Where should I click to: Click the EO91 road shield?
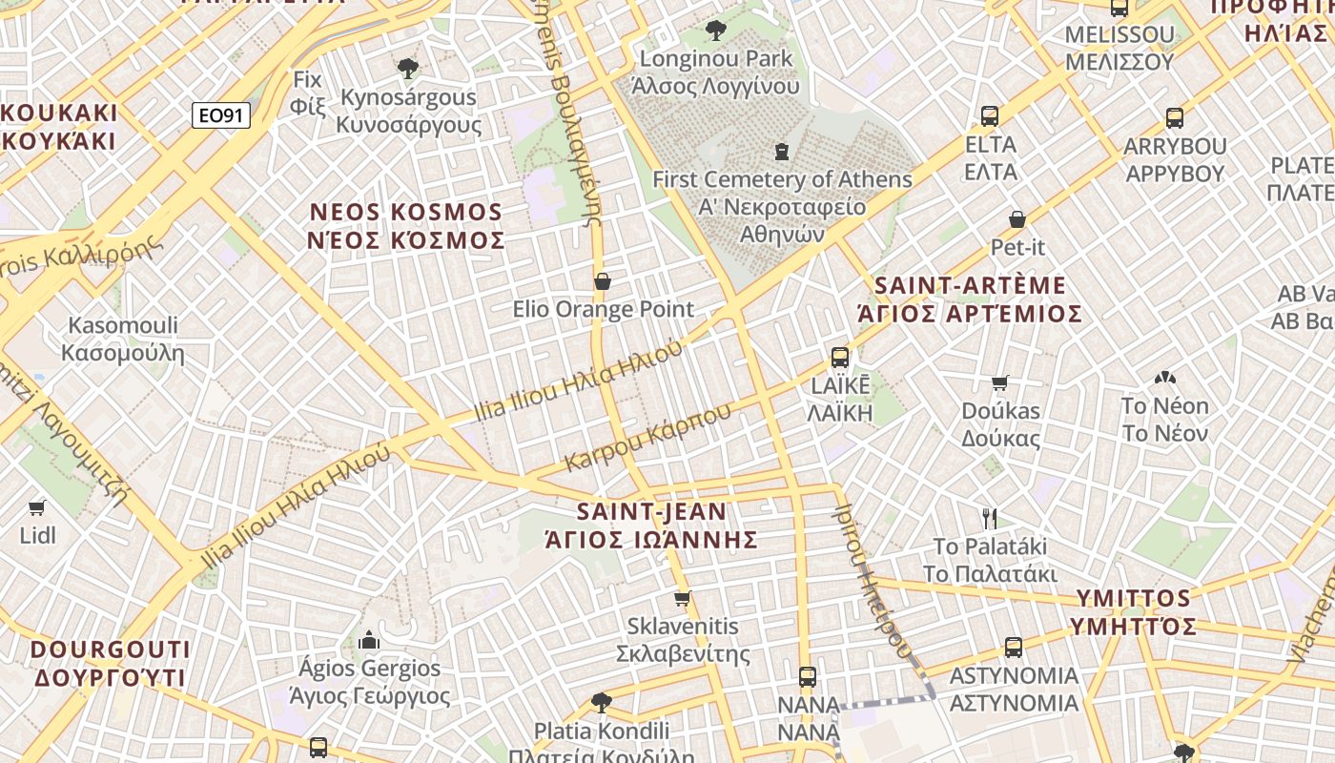(x=220, y=116)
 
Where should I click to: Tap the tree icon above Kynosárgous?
(x=408, y=68)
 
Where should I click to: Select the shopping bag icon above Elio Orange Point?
(x=603, y=281)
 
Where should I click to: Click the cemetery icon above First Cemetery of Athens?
(x=782, y=152)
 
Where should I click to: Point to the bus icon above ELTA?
(x=990, y=117)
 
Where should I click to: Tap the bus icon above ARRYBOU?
(x=1174, y=119)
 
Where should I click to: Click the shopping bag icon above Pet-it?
(x=1017, y=220)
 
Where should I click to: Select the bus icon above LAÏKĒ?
(x=839, y=358)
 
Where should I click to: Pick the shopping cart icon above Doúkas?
(x=999, y=383)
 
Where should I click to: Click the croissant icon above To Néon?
(x=1164, y=379)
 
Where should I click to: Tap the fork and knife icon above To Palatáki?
(x=990, y=519)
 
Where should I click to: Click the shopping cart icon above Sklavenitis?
(x=682, y=599)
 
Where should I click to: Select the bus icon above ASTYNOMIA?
(x=1013, y=648)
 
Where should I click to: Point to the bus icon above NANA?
(x=808, y=677)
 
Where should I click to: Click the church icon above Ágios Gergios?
(x=369, y=640)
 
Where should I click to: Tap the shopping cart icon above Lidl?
(x=37, y=507)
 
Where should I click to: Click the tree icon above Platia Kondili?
(x=601, y=704)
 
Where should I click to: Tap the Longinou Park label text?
(x=716, y=59)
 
